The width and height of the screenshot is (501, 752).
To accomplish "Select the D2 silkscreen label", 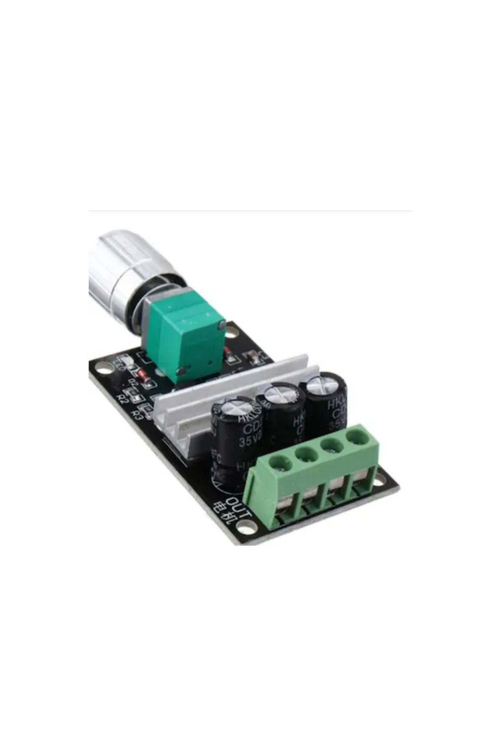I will point(133,383).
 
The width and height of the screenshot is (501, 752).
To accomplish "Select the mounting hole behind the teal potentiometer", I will point(232,332).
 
